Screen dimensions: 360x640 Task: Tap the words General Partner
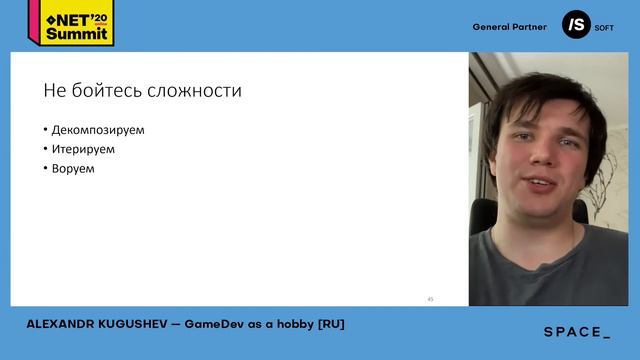pos(510,27)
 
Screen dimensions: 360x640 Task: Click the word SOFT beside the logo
pos(604,28)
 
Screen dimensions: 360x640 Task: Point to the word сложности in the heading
pos(197,91)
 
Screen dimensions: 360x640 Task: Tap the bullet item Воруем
pos(73,168)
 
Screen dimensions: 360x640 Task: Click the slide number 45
pos(430,298)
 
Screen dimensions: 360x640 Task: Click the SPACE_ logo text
pos(577,332)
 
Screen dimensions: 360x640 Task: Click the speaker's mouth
pos(540,185)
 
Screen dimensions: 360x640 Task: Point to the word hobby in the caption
pos(300,324)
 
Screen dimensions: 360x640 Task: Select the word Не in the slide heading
pos(53,91)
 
